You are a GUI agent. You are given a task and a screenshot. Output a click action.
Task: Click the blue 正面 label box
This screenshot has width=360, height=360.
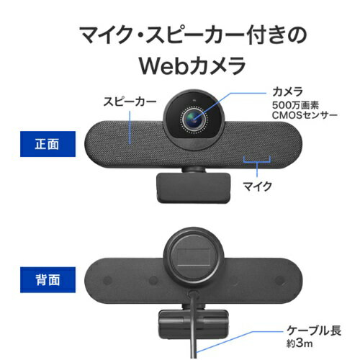point(48,144)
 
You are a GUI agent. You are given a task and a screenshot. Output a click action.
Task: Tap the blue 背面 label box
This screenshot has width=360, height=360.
point(48,280)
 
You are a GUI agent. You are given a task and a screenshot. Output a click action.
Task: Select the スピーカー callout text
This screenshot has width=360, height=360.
point(130,102)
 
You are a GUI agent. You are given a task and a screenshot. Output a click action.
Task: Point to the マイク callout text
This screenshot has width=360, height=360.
point(257,186)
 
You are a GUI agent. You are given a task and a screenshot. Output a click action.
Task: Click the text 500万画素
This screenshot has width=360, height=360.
point(295,105)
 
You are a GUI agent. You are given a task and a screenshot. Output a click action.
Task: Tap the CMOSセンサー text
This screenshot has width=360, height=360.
point(305,115)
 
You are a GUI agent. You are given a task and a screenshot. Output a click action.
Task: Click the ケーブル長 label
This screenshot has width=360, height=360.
point(314,330)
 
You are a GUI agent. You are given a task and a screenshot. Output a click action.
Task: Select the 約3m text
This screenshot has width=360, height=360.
point(300,343)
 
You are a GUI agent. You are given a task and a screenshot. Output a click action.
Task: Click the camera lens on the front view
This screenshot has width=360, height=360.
point(194,120)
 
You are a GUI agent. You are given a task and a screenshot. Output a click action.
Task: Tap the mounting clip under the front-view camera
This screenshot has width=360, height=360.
point(193,187)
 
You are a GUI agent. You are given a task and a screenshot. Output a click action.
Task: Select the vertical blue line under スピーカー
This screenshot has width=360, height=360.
point(130,127)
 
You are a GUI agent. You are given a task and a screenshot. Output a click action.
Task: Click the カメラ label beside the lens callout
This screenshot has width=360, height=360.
point(287,91)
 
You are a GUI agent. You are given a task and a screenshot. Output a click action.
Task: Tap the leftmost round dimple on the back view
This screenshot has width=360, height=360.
point(107,280)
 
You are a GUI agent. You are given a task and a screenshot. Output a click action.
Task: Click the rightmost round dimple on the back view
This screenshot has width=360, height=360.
point(279,280)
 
